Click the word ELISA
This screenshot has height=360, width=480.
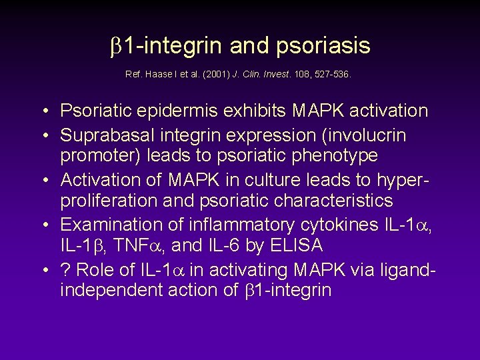(296, 245)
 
